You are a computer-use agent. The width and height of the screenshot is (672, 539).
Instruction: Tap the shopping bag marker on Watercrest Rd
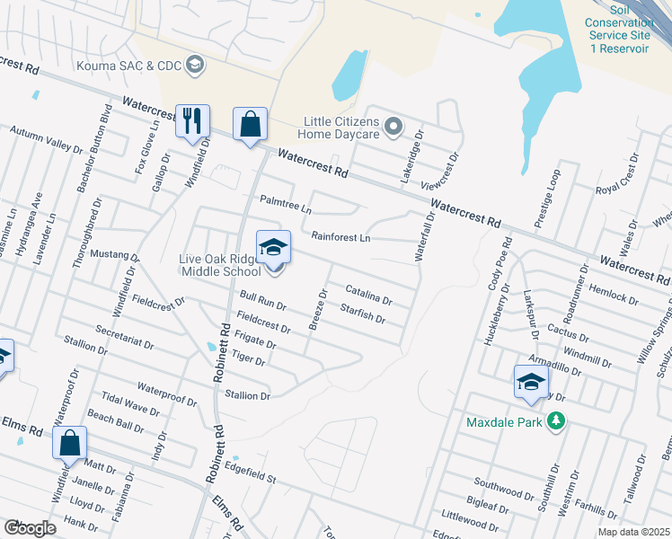(250, 124)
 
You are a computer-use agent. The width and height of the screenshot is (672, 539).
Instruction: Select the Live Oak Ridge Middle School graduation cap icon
(273, 247)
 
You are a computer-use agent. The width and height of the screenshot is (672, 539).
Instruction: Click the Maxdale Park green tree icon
(556, 420)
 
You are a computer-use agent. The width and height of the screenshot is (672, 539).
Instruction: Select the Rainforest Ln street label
(340, 237)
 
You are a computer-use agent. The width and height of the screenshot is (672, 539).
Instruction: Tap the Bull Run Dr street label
(262, 300)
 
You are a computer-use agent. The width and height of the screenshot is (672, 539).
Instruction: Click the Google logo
(30, 527)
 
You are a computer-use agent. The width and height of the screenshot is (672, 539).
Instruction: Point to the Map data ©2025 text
(633, 532)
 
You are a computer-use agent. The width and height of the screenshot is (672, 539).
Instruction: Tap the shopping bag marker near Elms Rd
(69, 443)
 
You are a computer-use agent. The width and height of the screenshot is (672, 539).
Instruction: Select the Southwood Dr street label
(504, 491)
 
